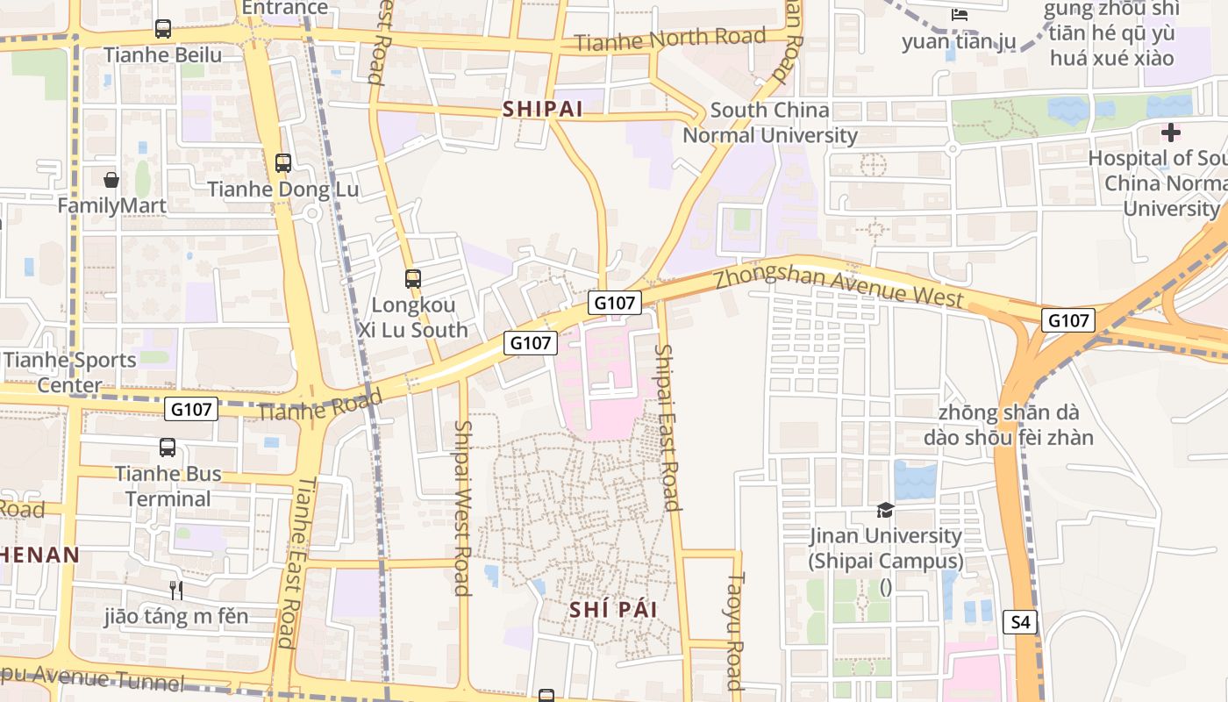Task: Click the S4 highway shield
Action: (x=1020, y=623)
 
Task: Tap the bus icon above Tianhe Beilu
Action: (x=163, y=29)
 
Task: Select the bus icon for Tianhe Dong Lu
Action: (x=282, y=163)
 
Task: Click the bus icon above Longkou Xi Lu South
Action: (x=413, y=279)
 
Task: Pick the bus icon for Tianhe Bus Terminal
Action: (x=168, y=448)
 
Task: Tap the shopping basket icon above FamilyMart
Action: (x=111, y=180)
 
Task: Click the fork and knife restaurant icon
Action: (x=176, y=590)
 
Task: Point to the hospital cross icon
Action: (x=1170, y=133)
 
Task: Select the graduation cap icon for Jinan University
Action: (x=885, y=510)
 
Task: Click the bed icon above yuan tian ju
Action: (x=960, y=15)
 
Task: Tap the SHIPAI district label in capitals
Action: (x=543, y=109)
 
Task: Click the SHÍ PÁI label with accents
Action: (x=613, y=610)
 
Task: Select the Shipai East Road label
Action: (x=668, y=426)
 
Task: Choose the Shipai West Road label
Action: (x=462, y=507)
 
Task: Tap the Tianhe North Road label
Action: (x=670, y=39)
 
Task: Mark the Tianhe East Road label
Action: (x=296, y=562)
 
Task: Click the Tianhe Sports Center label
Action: (x=69, y=372)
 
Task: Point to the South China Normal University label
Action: (x=770, y=123)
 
